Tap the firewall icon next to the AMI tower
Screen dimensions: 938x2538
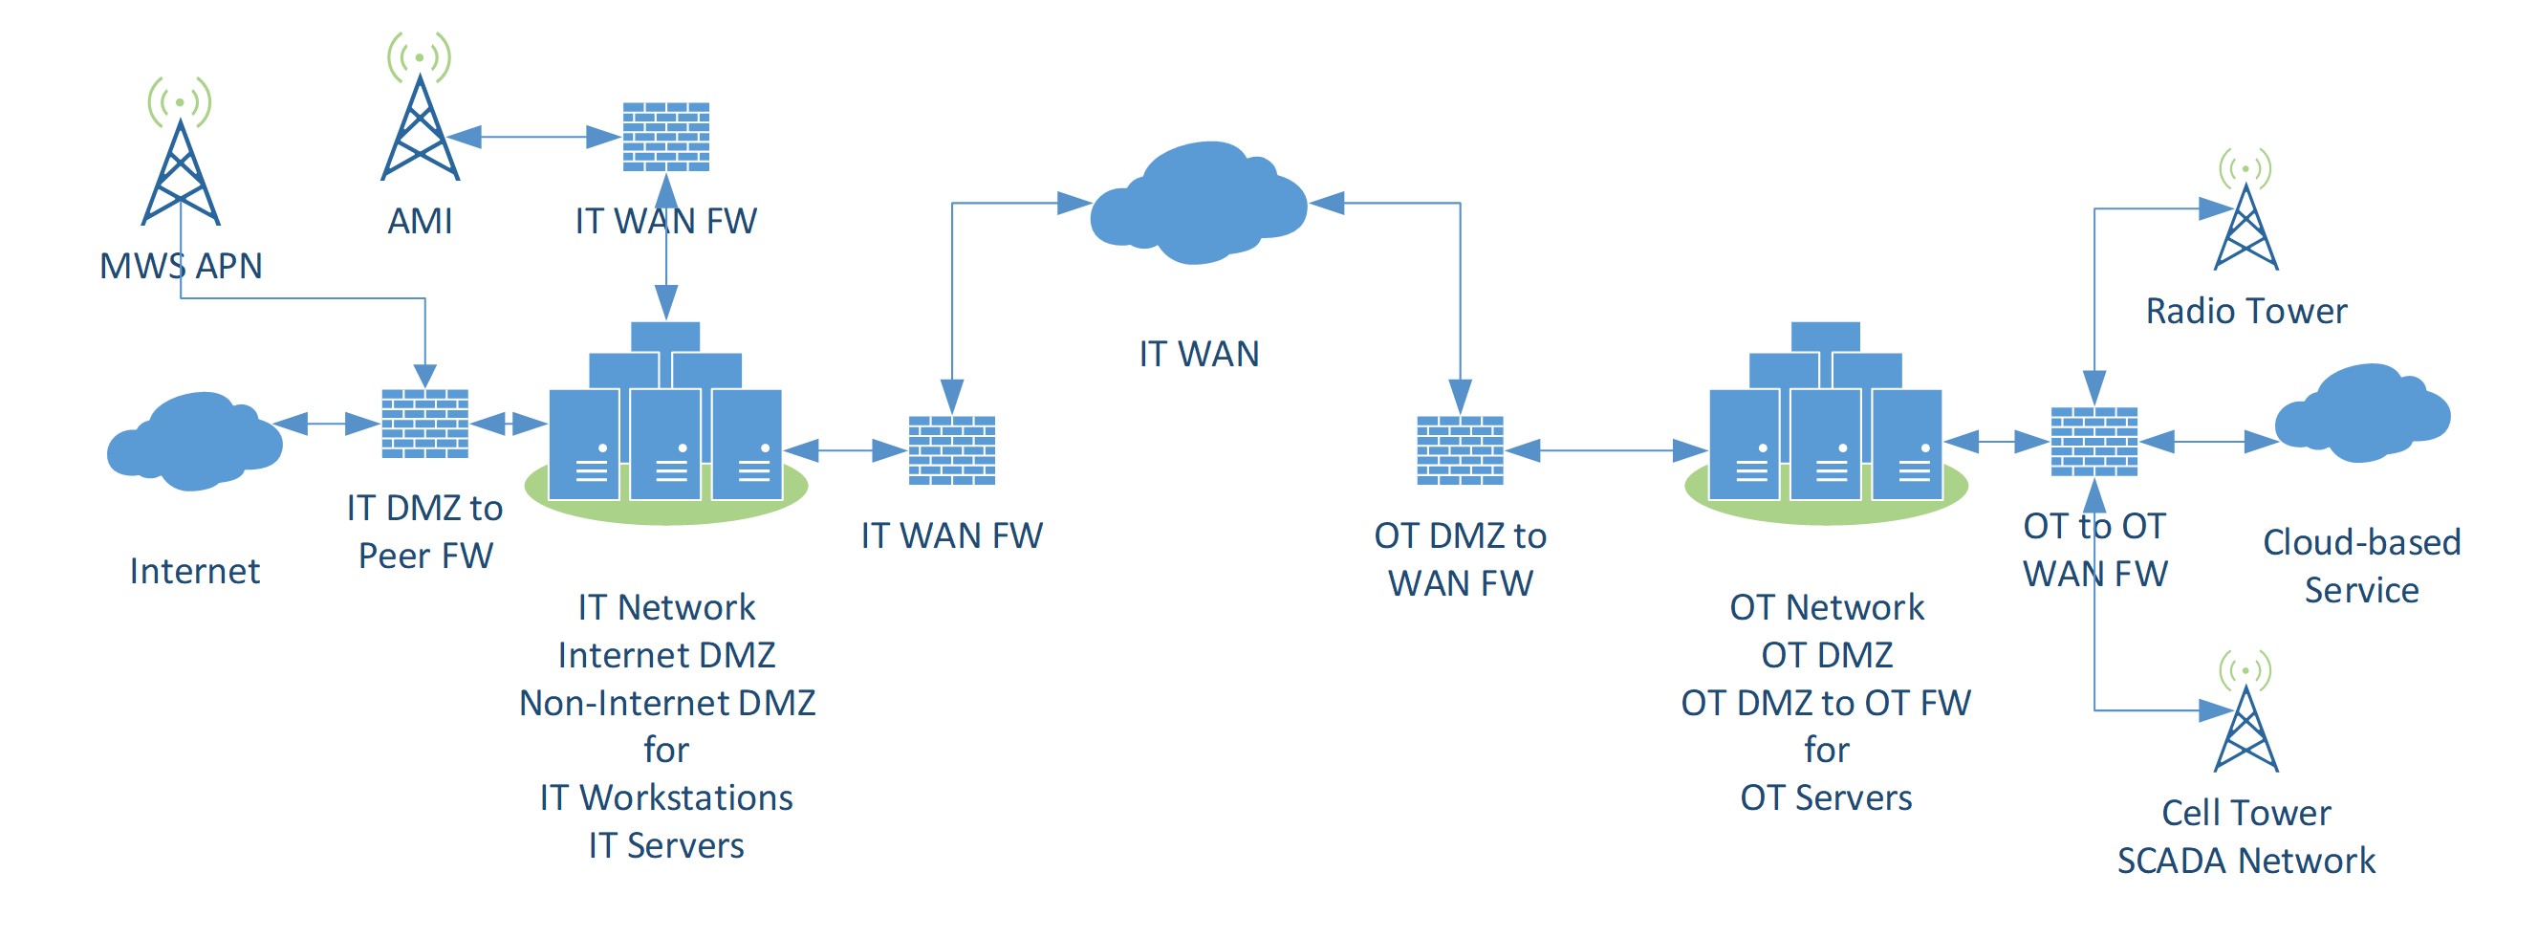(x=666, y=137)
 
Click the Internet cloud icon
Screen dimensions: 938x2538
(x=195, y=441)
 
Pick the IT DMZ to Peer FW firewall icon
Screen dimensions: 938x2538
(x=424, y=424)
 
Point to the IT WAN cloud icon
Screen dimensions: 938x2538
(x=1198, y=204)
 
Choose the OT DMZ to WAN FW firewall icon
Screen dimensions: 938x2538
(x=1459, y=450)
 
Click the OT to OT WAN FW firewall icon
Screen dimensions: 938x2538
(x=2093, y=442)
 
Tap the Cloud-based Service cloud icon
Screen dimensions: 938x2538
(x=2362, y=414)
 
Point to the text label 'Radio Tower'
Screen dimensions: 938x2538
(x=2245, y=312)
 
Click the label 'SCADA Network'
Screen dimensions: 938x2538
(x=2245, y=862)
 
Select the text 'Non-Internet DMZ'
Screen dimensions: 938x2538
(x=667, y=703)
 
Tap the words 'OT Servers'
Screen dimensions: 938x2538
(x=1826, y=797)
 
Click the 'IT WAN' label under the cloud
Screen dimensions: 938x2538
(x=1198, y=354)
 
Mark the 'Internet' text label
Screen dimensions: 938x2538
(x=195, y=572)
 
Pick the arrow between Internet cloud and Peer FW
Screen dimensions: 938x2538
(x=326, y=424)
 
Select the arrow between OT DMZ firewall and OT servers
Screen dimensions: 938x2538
(x=1606, y=450)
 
